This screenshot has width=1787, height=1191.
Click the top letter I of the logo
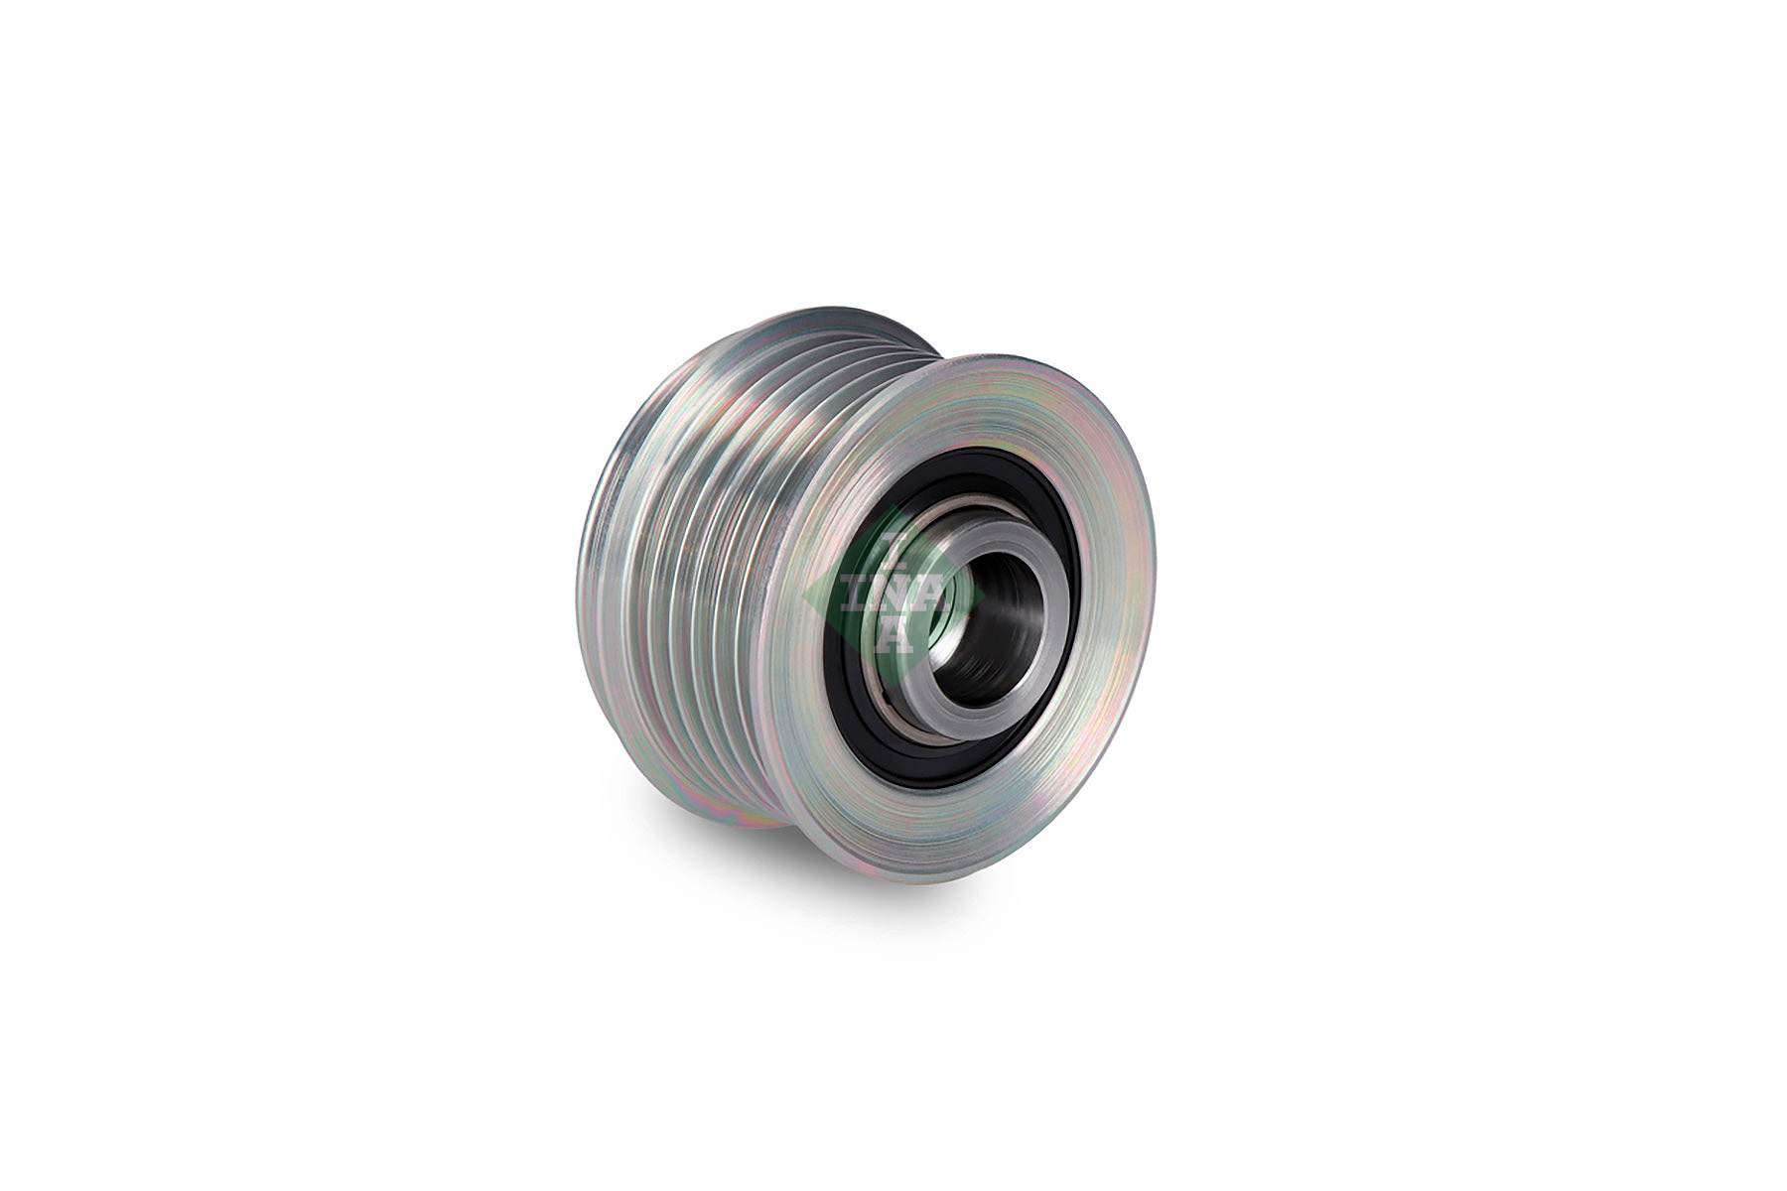click(x=891, y=544)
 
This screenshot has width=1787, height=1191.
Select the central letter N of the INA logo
click(x=892, y=595)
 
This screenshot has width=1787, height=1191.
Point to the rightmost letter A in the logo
click(x=927, y=595)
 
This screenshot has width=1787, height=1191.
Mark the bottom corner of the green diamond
click(x=893, y=685)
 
